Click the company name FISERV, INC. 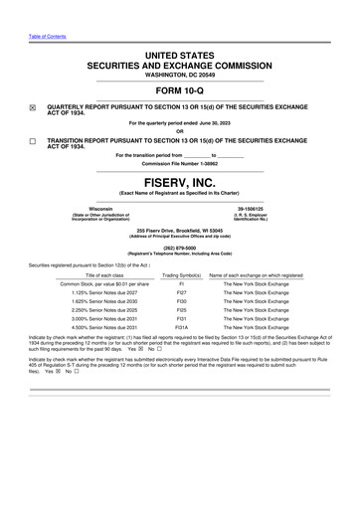pos(180,183)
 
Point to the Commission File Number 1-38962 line pos(180,164)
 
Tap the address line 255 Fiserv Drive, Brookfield pos(180,228)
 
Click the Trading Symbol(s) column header pos(182,274)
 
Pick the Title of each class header pos(98,274)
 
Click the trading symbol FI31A pos(182,326)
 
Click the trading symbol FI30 pos(182,304)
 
